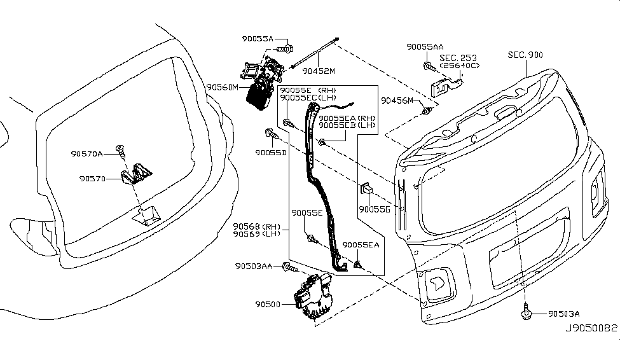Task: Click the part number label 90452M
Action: click(318, 71)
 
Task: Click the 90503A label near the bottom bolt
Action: click(564, 314)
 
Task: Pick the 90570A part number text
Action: click(86, 153)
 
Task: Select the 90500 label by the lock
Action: click(268, 305)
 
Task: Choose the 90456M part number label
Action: click(397, 101)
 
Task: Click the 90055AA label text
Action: click(425, 47)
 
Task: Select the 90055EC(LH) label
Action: click(308, 98)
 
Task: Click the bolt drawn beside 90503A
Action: click(527, 312)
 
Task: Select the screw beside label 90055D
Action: click(269, 134)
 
